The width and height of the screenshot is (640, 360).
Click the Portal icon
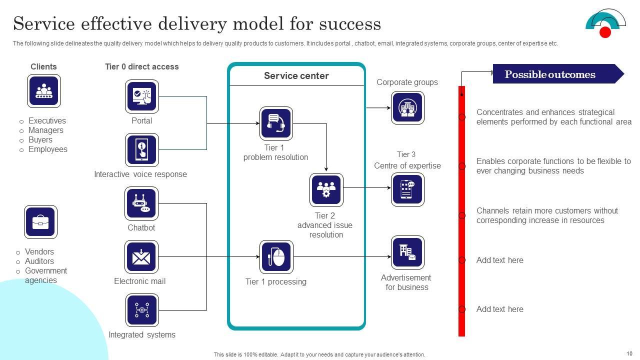pyautogui.click(x=141, y=96)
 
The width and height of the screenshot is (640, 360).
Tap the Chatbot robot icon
pyautogui.click(x=141, y=203)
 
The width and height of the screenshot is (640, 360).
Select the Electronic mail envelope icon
pyautogui.click(x=141, y=257)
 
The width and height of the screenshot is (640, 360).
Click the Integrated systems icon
pyautogui.click(x=141, y=310)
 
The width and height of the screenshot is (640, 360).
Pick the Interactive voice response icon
pyautogui.click(x=141, y=149)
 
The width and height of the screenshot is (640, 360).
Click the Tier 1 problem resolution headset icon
pyautogui.click(x=276, y=123)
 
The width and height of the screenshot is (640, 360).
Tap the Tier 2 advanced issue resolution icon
pyautogui.click(x=326, y=190)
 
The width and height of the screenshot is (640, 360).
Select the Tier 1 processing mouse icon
pyautogui.click(x=276, y=257)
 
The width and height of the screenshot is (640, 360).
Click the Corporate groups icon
pyautogui.click(x=407, y=107)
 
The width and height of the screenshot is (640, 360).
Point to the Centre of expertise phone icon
pyautogui.click(x=407, y=189)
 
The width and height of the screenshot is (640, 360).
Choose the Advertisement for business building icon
pyautogui.click(x=407, y=252)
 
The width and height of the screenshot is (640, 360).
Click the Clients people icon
pyautogui.click(x=43, y=91)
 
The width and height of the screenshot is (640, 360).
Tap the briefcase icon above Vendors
pyautogui.click(x=40, y=221)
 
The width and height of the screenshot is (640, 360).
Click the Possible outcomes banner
pyautogui.click(x=555, y=74)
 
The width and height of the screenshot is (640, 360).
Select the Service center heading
pyautogui.click(x=296, y=76)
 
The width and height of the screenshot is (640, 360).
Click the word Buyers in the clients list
pyautogui.click(x=40, y=140)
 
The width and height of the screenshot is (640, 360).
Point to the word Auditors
pyautogui.click(x=39, y=261)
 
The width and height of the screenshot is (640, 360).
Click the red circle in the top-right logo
pyautogui.click(x=605, y=32)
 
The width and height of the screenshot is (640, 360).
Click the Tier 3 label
pyautogui.click(x=406, y=154)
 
